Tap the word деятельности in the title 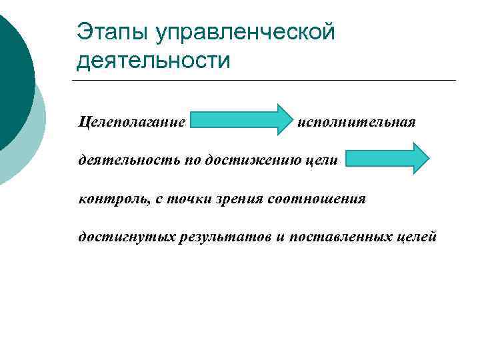click(153, 61)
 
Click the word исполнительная click(357, 122)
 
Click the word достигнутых click(126, 237)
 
